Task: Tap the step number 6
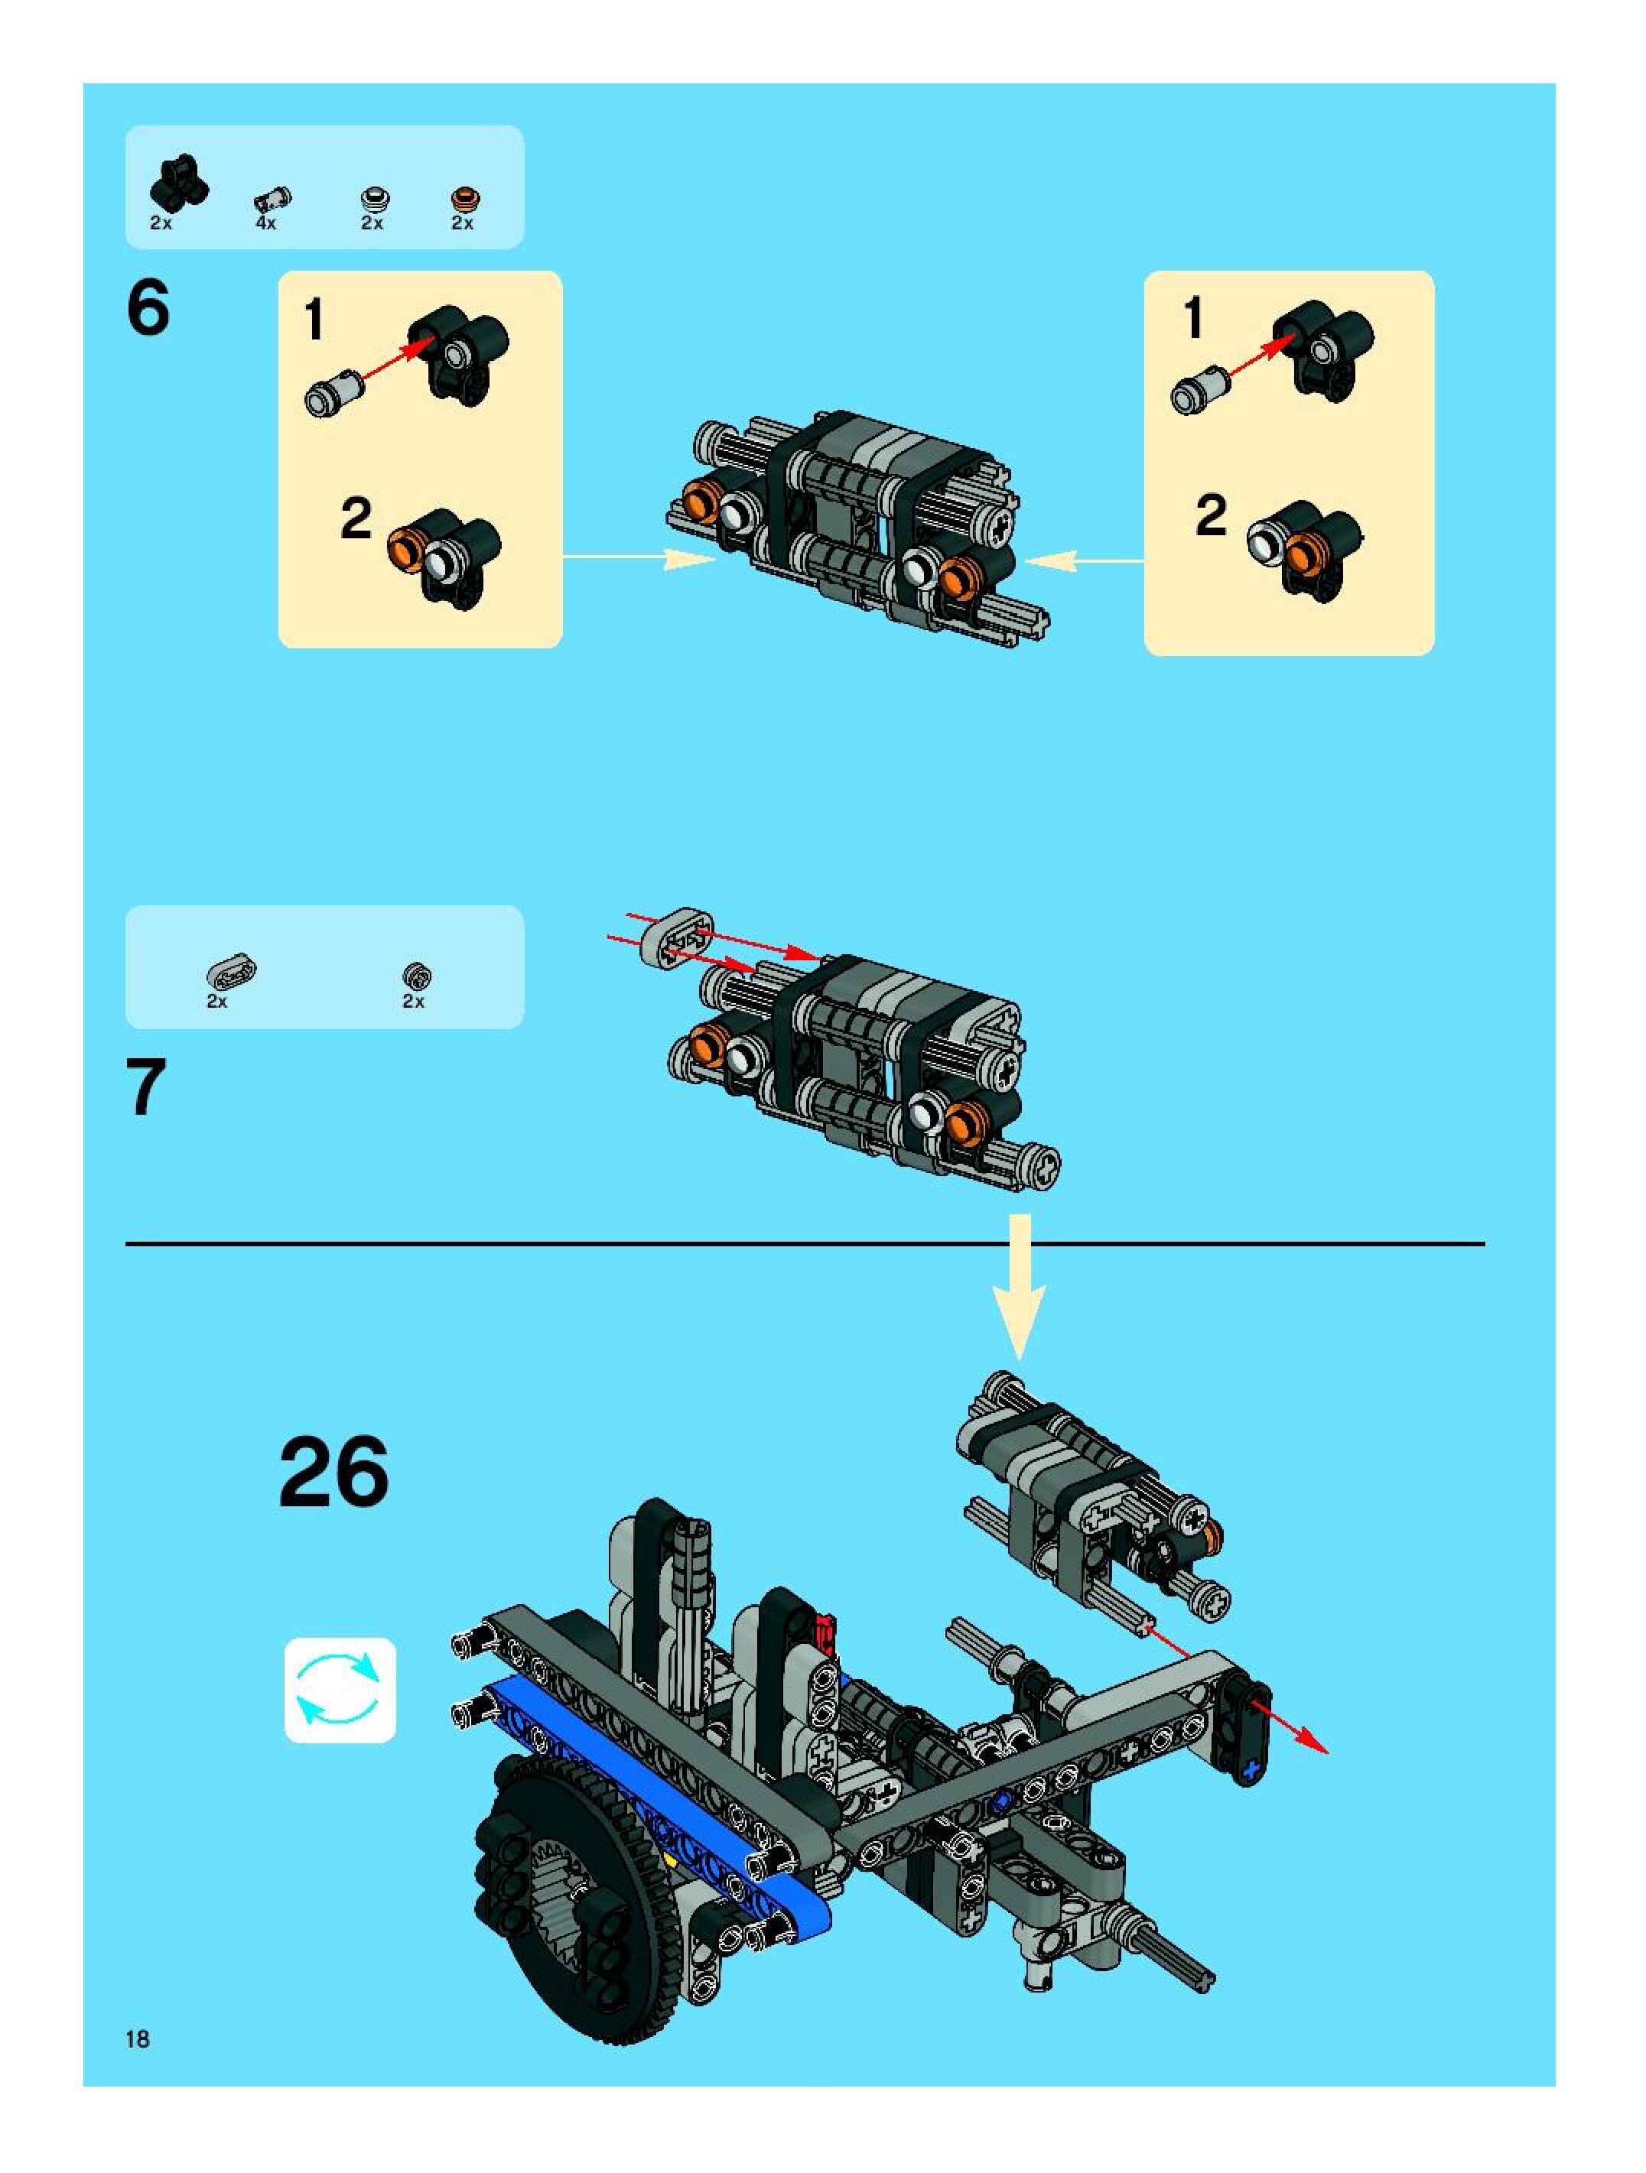click(148, 308)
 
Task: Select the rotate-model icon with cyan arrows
click(340, 1690)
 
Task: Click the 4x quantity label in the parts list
click(265, 224)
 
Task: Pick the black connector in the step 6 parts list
click(178, 183)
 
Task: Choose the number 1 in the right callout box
click(1193, 320)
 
